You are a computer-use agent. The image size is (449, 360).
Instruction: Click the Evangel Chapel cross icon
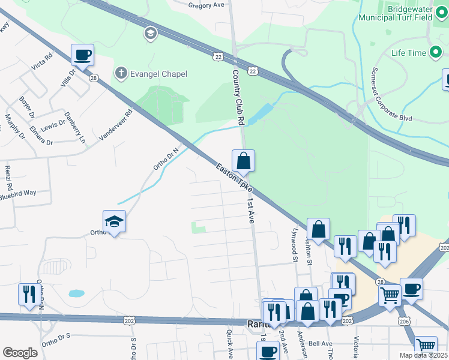click(x=121, y=74)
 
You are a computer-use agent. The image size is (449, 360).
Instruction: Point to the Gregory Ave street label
click(x=205, y=5)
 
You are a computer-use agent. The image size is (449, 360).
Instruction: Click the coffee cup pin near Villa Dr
click(x=83, y=55)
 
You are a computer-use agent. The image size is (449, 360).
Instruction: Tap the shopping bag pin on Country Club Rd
click(x=243, y=161)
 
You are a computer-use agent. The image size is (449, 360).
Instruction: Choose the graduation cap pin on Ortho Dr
click(x=114, y=222)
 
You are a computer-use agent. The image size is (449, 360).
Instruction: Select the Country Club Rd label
click(x=238, y=96)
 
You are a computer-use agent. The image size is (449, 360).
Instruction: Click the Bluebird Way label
click(x=18, y=194)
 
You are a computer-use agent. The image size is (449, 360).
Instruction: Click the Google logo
click(x=20, y=353)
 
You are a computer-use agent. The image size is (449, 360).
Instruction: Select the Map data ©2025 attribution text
click(x=423, y=355)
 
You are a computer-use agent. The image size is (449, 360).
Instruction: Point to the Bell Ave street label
click(x=320, y=344)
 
